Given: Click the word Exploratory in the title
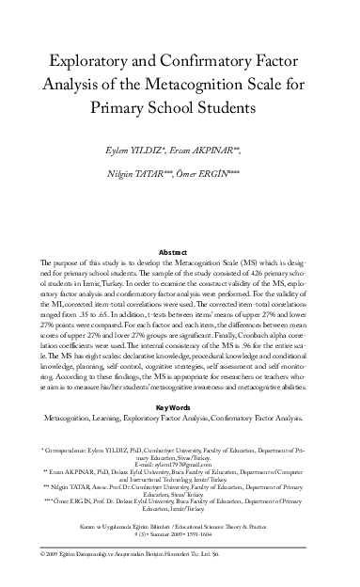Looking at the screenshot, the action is point(99,58).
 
